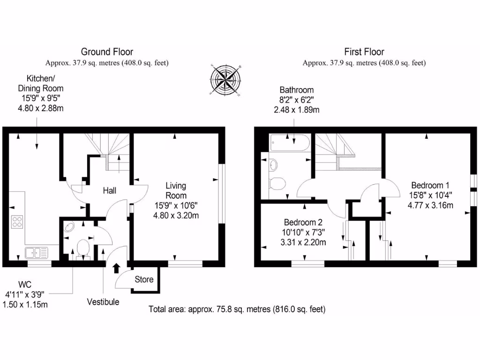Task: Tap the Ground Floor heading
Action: pos(107,52)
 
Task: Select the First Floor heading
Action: pos(364,52)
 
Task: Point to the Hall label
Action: pos(110,191)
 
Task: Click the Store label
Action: pos(144,279)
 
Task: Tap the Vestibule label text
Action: pos(103,302)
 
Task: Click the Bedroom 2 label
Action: pos(303,222)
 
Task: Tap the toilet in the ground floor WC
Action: pos(83,247)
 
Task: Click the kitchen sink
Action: pos(37,253)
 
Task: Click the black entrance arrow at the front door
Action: pos(116,268)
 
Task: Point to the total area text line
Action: pos(237,309)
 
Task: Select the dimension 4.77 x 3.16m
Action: pos(430,205)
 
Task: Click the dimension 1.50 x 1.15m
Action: pos(26,304)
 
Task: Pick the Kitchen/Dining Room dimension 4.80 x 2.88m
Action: pos(40,108)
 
